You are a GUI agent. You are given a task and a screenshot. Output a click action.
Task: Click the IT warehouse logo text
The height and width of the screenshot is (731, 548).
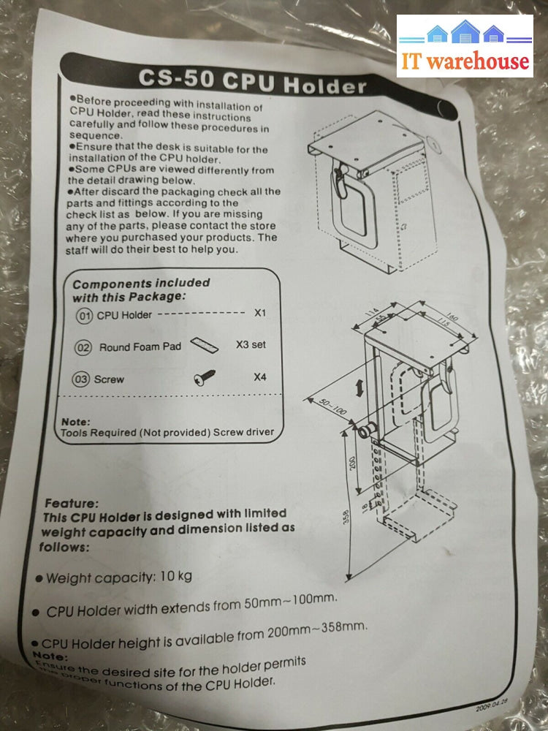point(464,60)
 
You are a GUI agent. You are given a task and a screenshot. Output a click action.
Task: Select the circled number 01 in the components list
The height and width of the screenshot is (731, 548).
point(84,315)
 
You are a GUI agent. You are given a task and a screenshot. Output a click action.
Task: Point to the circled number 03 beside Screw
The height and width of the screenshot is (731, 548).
point(81,379)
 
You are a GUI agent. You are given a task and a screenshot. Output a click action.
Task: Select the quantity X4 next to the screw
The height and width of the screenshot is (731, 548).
point(259,377)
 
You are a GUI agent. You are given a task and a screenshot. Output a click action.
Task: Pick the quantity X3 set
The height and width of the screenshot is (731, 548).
point(251,344)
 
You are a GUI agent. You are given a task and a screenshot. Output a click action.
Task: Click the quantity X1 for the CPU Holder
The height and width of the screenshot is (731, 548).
point(260,313)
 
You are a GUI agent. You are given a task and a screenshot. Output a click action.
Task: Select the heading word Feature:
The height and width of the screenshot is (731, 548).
point(72,504)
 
